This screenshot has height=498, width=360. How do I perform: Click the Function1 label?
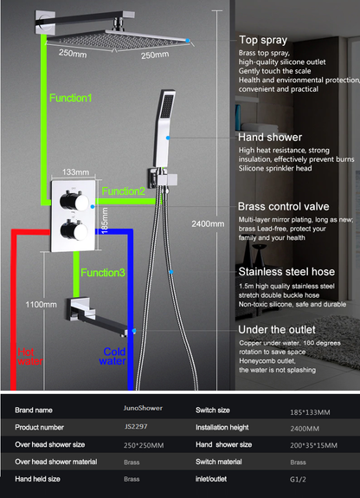[70, 98]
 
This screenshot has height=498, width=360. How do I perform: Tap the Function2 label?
[124, 191]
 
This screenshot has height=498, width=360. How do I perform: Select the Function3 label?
[103, 273]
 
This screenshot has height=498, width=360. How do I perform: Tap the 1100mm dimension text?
[41, 305]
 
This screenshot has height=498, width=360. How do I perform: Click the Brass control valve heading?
[282, 207]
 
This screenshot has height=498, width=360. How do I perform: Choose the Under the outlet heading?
[277, 330]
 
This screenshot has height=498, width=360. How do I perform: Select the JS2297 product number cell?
[132, 426]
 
